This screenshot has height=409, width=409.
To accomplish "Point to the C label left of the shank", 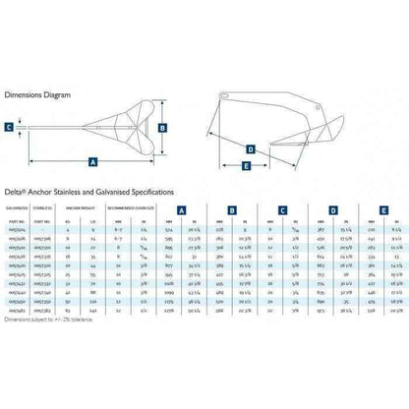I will tap(9, 127).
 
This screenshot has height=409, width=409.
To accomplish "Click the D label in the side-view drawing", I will tap(252, 148).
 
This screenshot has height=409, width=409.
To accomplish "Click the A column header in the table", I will tap(183, 209).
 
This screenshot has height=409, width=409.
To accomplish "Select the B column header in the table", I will tap(232, 209).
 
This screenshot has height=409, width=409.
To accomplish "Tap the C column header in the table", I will tap(282, 209).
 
